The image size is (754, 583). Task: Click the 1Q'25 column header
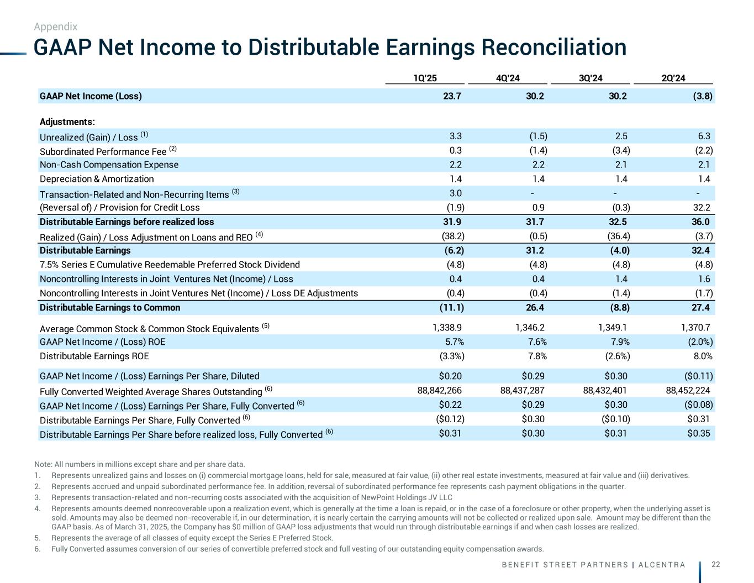click(x=425, y=78)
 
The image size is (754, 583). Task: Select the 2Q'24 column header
click(x=673, y=78)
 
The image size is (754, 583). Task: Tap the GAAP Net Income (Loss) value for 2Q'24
click(x=703, y=96)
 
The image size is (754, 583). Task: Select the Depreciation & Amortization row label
click(x=97, y=179)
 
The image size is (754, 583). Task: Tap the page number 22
click(x=715, y=564)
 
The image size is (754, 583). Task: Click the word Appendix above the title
click(x=55, y=27)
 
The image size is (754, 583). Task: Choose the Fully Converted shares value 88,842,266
click(x=439, y=391)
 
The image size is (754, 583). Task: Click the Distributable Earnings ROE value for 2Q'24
click(x=702, y=356)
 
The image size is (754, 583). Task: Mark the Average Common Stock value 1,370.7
click(x=695, y=328)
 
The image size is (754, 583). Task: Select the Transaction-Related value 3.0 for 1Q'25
click(x=456, y=193)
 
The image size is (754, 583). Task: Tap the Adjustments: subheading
click(x=67, y=122)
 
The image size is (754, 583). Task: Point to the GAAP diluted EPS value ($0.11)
click(x=699, y=376)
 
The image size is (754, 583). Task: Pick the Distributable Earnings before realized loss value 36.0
click(x=700, y=222)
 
